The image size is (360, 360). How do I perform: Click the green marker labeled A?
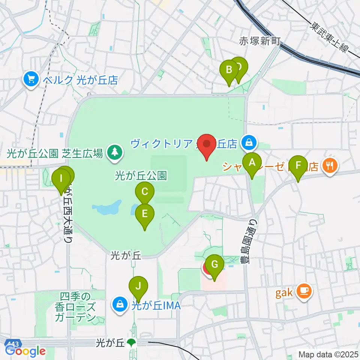click(x=252, y=163)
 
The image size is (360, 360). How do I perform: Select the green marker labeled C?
click(x=145, y=193)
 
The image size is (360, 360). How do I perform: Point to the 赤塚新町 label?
click(x=260, y=42)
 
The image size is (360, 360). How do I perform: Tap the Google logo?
click(x=25, y=351)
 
